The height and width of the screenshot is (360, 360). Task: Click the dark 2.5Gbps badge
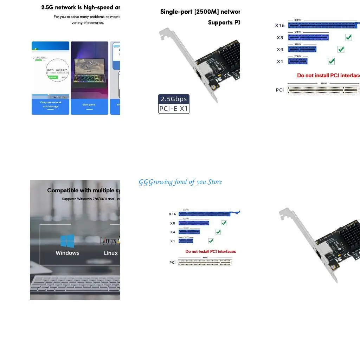click(x=174, y=99)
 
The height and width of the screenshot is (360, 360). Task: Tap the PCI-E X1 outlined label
click(x=174, y=109)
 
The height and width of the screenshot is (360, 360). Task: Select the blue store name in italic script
click(x=180, y=182)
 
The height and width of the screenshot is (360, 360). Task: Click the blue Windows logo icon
click(x=67, y=241)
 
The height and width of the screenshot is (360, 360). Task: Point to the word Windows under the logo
click(x=67, y=253)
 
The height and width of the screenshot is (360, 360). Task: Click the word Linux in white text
click(x=111, y=253)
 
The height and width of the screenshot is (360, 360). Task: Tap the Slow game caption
click(x=89, y=105)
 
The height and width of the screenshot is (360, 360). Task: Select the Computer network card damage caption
click(x=51, y=104)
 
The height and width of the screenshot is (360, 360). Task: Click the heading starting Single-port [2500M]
click(x=200, y=12)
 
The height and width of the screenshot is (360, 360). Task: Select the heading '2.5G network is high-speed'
click(x=81, y=7)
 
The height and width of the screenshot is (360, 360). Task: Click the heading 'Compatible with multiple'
click(x=83, y=191)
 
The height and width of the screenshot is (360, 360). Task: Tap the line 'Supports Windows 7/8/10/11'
click(x=91, y=199)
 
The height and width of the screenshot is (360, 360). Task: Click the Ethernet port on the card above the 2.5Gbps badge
click(x=201, y=74)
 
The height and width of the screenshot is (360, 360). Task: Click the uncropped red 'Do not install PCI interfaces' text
click(x=211, y=251)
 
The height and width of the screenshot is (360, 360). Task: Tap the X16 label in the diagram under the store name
click(x=172, y=214)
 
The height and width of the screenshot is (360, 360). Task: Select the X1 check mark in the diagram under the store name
click(x=211, y=241)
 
